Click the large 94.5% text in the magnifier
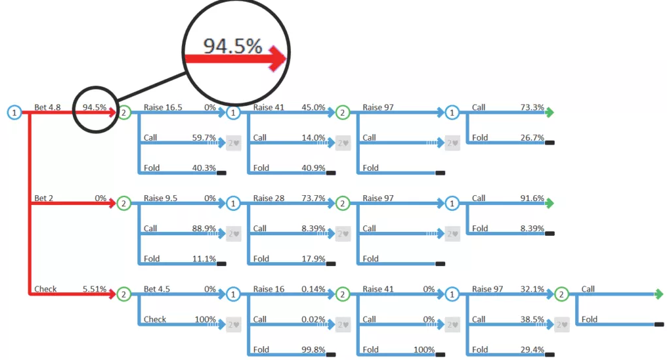(x=232, y=46)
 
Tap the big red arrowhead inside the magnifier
(x=278, y=58)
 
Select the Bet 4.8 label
(x=47, y=107)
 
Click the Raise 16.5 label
(x=163, y=107)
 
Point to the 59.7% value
(x=204, y=137)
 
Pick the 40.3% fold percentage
(x=204, y=168)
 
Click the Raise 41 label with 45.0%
(x=269, y=107)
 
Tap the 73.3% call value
(x=532, y=107)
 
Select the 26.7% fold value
(x=532, y=137)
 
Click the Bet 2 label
(x=44, y=198)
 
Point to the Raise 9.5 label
(x=160, y=198)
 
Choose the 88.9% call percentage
(x=204, y=228)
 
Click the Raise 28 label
(x=269, y=198)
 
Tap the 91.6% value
(x=532, y=198)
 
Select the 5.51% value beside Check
(x=95, y=289)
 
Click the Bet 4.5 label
(x=156, y=289)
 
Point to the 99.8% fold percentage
(x=313, y=349)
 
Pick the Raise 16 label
(x=269, y=289)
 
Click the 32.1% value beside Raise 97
(x=532, y=289)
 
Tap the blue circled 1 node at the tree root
(x=14, y=112)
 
